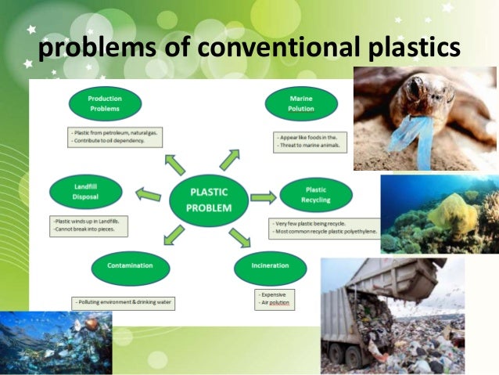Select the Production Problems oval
(105, 103)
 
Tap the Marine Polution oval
(301, 103)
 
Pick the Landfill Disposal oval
(84, 192)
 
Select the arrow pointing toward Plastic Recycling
(263, 197)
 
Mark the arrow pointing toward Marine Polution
(230, 158)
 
